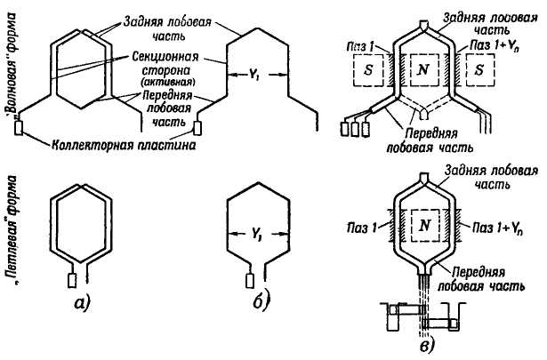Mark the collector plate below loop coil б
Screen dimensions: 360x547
(251, 280)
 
